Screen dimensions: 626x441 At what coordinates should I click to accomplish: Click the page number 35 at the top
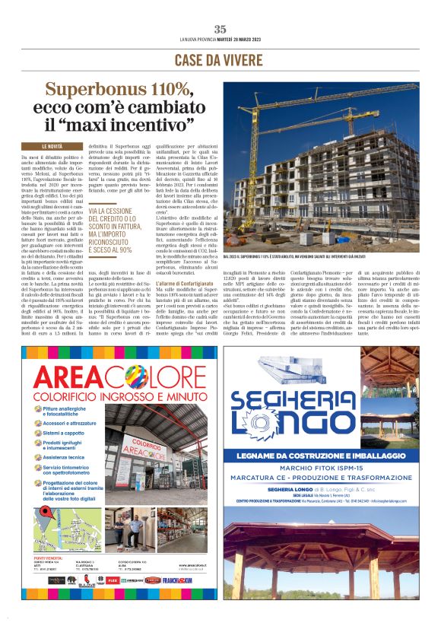(x=220, y=29)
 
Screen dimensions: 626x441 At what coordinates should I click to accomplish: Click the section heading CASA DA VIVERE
(x=220, y=60)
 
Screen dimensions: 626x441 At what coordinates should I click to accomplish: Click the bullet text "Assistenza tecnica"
(x=65, y=457)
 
